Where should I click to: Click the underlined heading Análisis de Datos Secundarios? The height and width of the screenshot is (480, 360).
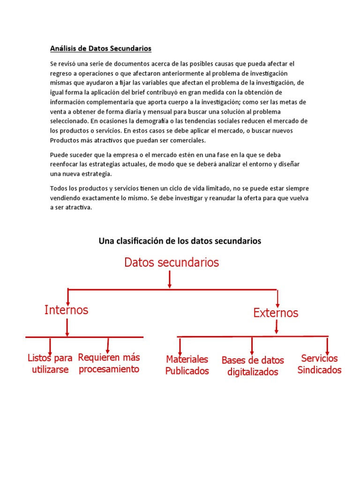(101, 48)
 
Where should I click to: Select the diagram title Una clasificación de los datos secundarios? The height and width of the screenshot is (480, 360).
(180, 241)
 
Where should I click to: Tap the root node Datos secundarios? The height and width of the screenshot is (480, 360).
(172, 262)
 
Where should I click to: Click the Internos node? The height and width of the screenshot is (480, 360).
(66, 310)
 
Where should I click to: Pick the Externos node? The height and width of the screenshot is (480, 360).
(276, 313)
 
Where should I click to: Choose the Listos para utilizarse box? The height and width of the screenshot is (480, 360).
(50, 364)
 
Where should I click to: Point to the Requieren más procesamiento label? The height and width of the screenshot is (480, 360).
(109, 363)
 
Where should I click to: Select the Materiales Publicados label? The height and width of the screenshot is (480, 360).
(187, 365)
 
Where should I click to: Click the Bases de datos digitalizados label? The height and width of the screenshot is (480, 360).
(253, 366)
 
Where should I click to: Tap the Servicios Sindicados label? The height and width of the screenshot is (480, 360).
(319, 364)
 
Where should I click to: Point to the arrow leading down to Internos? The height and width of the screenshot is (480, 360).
(68, 297)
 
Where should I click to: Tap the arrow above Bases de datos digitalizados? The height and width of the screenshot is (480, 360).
(252, 346)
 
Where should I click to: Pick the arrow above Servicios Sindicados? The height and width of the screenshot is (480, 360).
(327, 345)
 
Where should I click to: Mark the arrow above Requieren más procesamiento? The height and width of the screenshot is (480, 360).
(108, 345)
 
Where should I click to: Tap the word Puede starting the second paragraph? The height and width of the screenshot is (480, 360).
(59, 154)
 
